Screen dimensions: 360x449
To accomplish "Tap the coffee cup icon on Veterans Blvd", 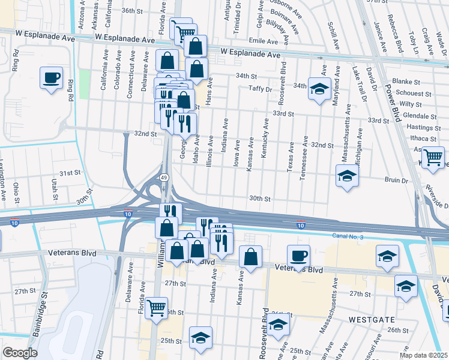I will (298, 256).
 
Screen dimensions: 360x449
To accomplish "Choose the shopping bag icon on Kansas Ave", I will (250, 257).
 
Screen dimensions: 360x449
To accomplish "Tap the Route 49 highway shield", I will (164, 178).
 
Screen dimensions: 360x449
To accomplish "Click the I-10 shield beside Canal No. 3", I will (300, 225).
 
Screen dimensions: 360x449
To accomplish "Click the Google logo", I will (20, 352).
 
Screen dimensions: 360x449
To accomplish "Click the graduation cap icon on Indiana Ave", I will (200, 337).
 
